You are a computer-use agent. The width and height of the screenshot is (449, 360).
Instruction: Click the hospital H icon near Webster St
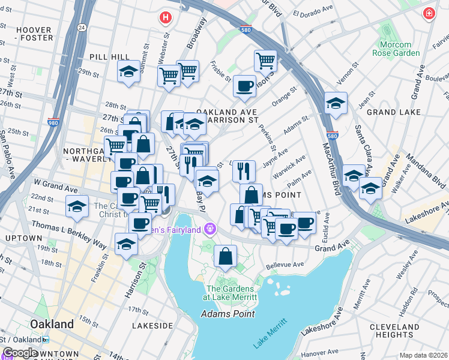164,17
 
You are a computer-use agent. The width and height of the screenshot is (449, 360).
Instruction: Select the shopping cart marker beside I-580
265,61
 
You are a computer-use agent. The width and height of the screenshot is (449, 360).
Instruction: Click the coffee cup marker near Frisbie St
244,86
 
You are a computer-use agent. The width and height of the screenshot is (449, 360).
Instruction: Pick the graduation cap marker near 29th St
128,72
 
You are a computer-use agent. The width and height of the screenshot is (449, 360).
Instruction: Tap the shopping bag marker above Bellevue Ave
225,256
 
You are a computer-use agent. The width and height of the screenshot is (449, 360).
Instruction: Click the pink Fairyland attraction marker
209,228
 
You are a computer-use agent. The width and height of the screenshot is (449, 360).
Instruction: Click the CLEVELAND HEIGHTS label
394,331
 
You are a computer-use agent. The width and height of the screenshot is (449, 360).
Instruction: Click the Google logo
20,353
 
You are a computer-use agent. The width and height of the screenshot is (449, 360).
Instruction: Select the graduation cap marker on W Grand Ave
77,206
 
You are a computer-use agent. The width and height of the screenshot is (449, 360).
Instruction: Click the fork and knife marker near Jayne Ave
244,170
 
